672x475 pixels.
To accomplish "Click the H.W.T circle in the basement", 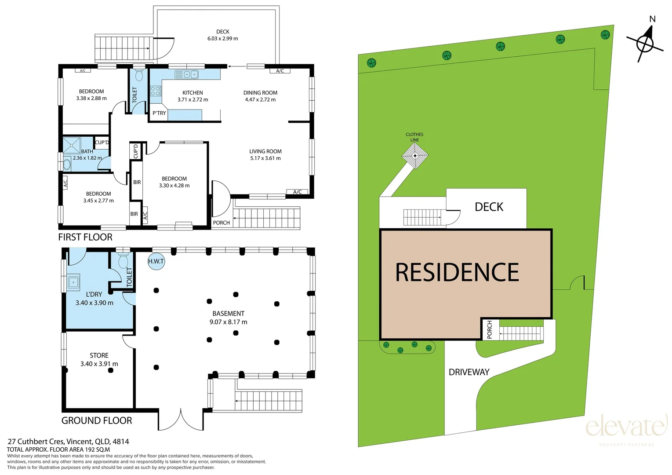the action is (156, 261).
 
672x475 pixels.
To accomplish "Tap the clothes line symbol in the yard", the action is (415, 156).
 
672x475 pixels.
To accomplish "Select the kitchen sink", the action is (187, 74).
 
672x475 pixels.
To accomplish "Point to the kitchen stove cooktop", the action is (156, 91).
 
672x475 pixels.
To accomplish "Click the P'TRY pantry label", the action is (159, 113).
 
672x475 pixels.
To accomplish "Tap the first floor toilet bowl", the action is (138, 75).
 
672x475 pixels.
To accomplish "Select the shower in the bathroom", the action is (72, 145).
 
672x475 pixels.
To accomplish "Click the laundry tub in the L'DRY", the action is (73, 282).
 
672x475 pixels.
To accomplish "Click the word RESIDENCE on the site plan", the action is (457, 272).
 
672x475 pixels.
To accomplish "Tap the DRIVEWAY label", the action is (469, 372).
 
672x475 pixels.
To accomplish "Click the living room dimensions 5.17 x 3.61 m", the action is (265, 158).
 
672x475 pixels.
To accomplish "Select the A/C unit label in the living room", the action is (297, 192).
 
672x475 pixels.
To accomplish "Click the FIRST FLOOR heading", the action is (85, 237).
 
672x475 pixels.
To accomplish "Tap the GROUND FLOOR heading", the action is (97, 420).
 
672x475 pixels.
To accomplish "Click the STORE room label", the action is (99, 355).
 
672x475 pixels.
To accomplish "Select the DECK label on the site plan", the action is (489, 207).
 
